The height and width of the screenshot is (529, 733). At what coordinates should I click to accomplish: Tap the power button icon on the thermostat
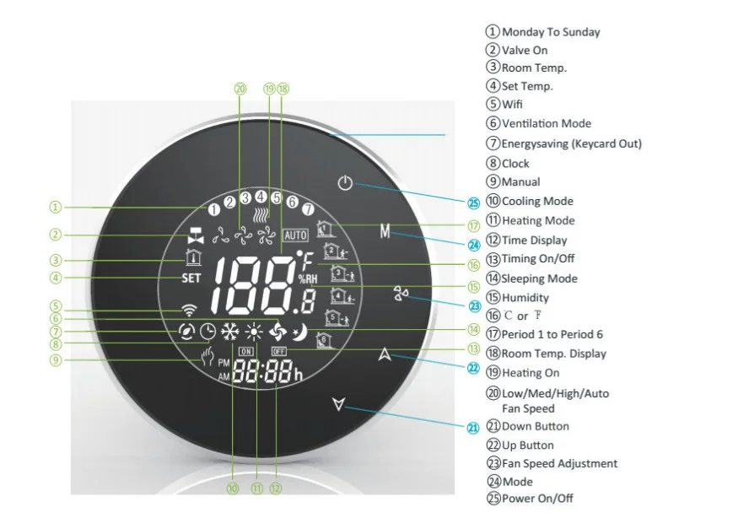tap(345, 182)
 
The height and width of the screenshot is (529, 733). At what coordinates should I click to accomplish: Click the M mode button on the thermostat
tap(385, 231)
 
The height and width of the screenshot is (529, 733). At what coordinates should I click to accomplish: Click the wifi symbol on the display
tap(189, 310)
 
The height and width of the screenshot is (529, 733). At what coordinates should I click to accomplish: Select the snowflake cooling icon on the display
tap(230, 332)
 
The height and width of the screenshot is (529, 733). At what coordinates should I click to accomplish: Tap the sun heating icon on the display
tap(253, 332)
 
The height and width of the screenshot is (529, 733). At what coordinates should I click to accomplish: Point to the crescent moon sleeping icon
tap(299, 332)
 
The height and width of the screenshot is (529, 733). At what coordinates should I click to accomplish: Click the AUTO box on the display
tap(295, 235)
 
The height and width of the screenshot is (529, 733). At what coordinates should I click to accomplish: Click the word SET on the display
tap(191, 278)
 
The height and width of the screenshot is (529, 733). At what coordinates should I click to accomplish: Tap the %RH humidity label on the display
tap(308, 279)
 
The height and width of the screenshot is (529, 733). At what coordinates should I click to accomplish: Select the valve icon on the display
tap(196, 235)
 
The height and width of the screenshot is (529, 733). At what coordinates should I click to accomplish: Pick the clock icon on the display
tap(208, 332)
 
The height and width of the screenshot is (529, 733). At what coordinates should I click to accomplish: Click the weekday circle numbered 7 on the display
tap(308, 209)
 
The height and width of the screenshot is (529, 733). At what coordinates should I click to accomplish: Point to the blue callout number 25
tap(473, 203)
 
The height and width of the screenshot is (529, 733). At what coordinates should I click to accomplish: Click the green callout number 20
tap(240, 89)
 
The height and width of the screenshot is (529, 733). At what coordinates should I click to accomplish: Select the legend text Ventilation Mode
tap(547, 123)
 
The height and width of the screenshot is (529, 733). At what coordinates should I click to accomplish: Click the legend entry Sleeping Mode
tap(539, 278)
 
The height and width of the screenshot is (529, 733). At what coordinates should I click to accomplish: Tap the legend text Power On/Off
tap(537, 498)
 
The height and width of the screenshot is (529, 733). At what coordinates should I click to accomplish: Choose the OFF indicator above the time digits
tap(278, 351)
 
